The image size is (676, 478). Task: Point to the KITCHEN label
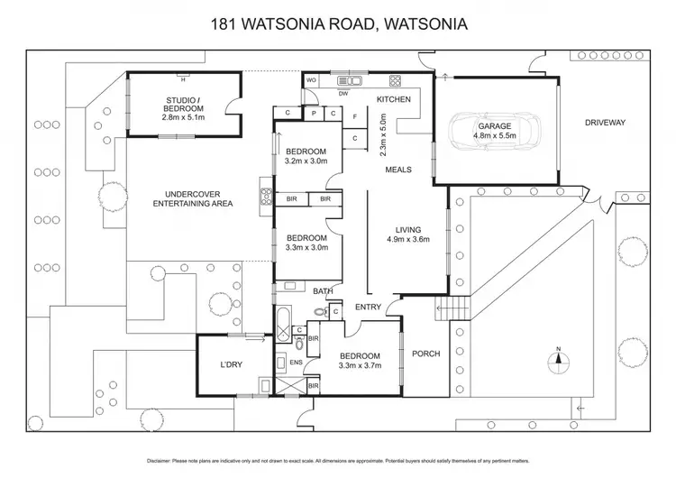click(x=394, y=99)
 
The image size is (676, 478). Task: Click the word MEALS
click(x=399, y=170)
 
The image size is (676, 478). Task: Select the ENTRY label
click(x=367, y=308)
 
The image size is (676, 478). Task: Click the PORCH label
click(x=425, y=354)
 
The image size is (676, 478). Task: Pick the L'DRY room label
click(x=233, y=365)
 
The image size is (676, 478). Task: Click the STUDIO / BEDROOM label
click(x=185, y=104)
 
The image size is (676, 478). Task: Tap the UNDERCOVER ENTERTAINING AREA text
click(x=193, y=199)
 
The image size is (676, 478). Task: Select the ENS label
click(x=295, y=362)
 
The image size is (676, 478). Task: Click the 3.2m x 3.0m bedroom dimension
click(x=306, y=161)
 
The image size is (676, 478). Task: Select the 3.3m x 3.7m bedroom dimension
click(x=360, y=365)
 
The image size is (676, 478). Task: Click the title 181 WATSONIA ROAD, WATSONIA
click(x=337, y=24)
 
